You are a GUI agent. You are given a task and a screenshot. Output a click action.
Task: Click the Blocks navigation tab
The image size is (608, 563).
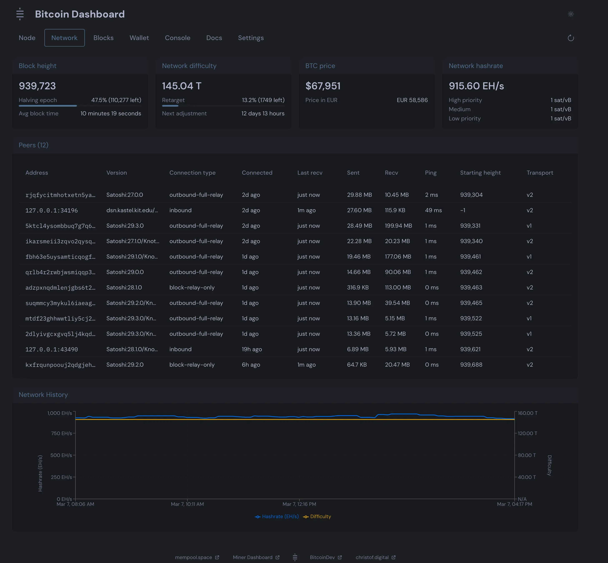pyautogui.click(x=103, y=38)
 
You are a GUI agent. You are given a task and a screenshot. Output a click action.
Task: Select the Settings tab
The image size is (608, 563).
pyautogui.click(x=251, y=38)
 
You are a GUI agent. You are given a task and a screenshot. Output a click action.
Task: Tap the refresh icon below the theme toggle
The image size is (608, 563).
pyautogui.click(x=570, y=38)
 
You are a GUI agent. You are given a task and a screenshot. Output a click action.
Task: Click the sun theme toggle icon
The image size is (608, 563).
pyautogui.click(x=570, y=14)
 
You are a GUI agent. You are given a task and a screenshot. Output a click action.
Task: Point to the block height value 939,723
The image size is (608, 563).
pyautogui.click(x=37, y=86)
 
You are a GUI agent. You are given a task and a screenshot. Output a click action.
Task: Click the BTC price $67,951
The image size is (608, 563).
pyautogui.click(x=323, y=86)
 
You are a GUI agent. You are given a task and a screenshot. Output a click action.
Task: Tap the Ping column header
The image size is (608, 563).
pyautogui.click(x=430, y=173)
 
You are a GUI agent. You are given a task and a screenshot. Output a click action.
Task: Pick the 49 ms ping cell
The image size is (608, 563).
pyautogui.click(x=433, y=210)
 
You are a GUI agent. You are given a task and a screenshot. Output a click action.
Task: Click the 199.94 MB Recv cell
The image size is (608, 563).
pyautogui.click(x=398, y=226)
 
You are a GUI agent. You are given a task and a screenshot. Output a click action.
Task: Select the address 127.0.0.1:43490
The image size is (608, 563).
pyautogui.click(x=51, y=350)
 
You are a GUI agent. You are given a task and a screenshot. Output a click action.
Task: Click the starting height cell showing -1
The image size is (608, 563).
pyautogui.click(x=463, y=210)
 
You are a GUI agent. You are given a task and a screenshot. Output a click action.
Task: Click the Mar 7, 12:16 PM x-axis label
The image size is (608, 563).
pyautogui.click(x=299, y=504)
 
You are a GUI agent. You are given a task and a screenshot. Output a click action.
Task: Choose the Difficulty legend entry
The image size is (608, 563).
pyautogui.click(x=320, y=516)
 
